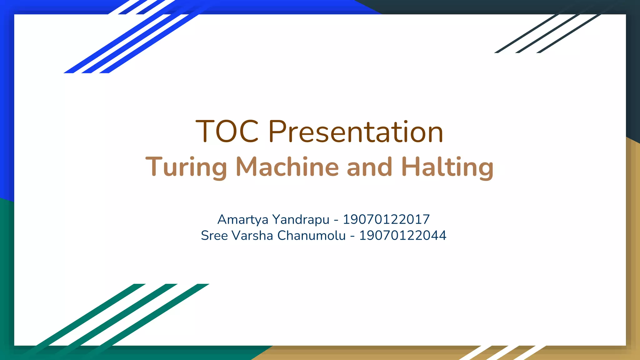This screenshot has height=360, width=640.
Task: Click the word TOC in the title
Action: coord(227,131)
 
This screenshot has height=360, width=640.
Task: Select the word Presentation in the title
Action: coord(356,132)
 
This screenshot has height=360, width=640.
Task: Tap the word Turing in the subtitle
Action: coord(186,167)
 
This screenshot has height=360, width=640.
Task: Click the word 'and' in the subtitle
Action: coord(369,167)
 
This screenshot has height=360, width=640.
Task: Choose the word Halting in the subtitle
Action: coord(447,167)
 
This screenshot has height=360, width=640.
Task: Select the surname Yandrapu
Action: coord(301,220)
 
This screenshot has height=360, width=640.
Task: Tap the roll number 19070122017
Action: coord(386,219)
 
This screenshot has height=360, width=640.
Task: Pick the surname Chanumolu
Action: coord(312,236)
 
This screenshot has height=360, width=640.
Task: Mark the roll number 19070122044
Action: coord(402,236)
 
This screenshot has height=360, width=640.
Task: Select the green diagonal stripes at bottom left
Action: coord(119,316)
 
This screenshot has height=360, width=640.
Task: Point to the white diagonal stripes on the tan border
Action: coord(503,352)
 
